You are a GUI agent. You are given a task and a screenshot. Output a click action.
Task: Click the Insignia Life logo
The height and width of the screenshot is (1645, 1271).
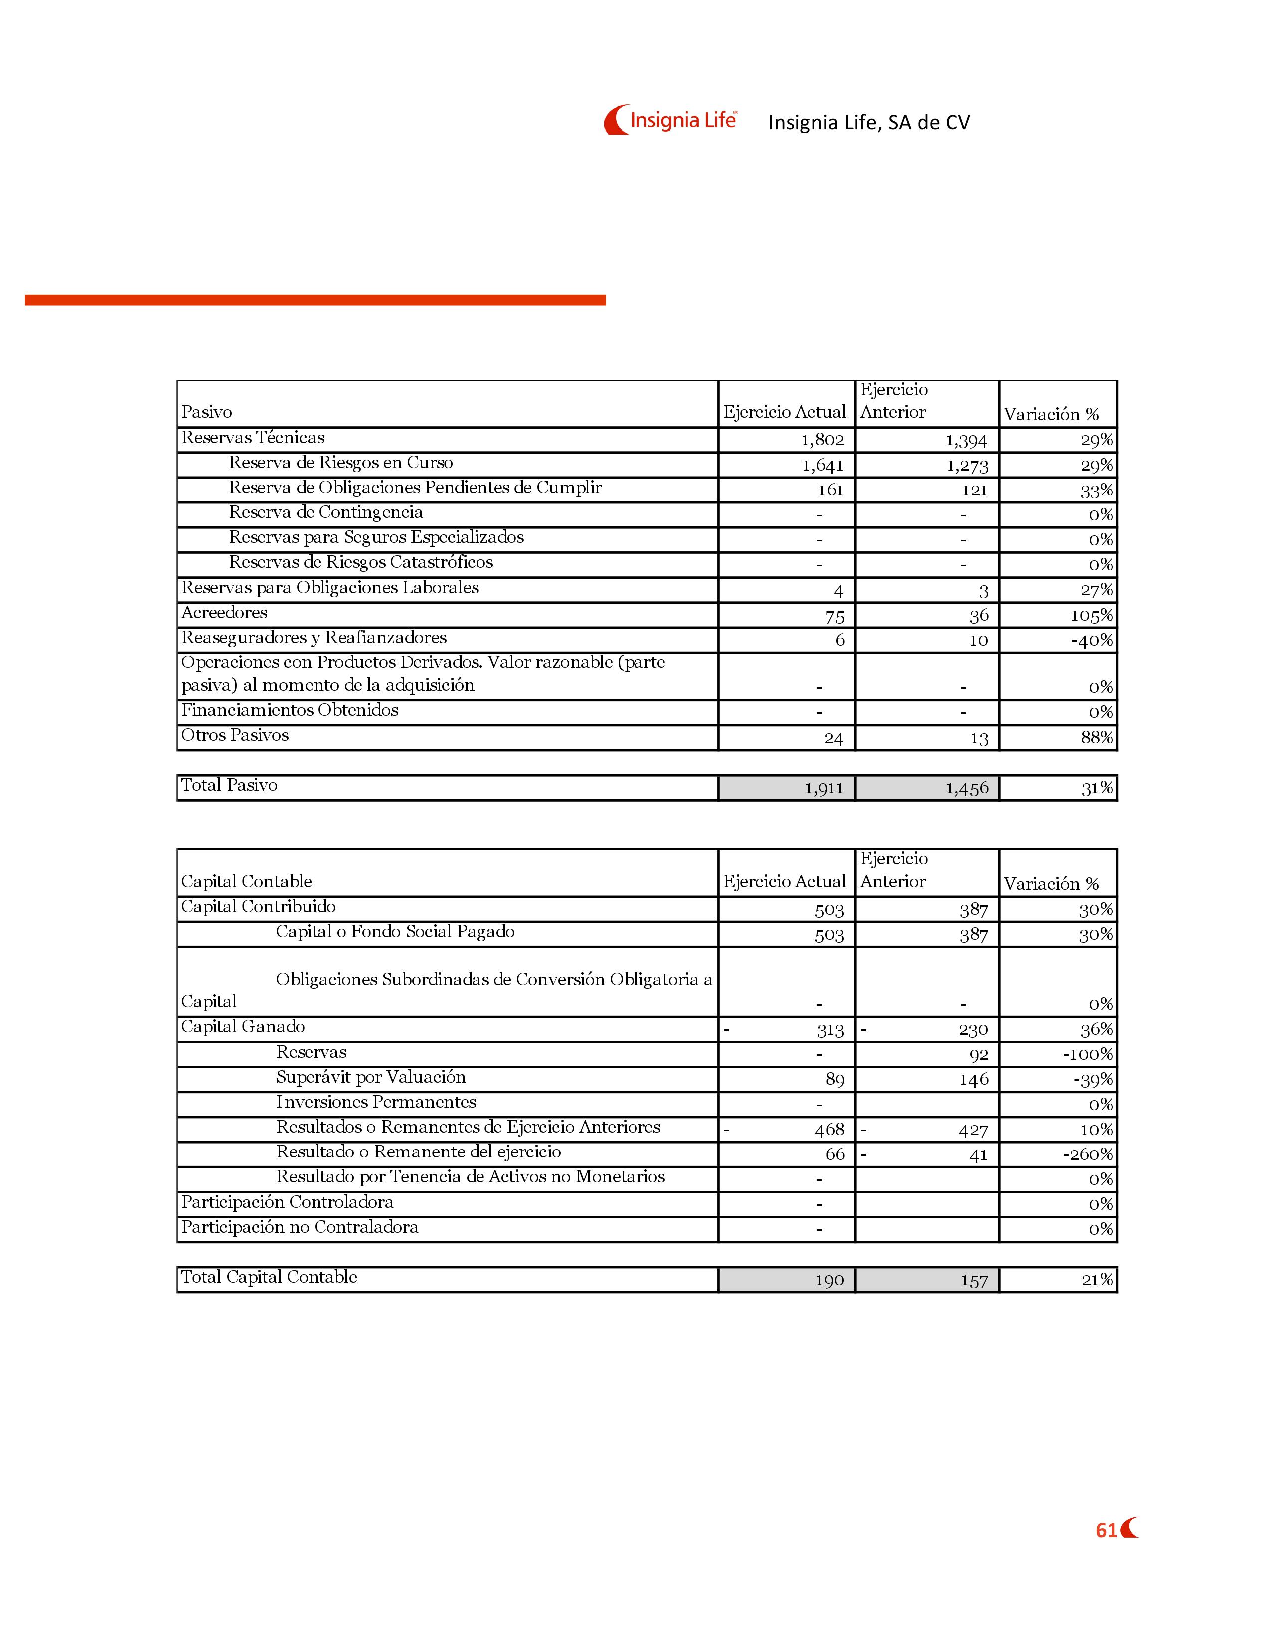tap(670, 120)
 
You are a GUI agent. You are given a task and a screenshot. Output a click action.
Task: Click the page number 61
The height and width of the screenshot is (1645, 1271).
tap(1106, 1530)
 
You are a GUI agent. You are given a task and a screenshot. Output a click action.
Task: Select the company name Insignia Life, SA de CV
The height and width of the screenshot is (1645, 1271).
tap(869, 122)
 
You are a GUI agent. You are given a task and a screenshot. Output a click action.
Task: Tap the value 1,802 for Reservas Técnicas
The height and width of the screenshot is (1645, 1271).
tap(822, 440)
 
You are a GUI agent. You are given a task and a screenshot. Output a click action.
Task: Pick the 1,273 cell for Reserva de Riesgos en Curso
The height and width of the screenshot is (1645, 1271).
tap(967, 466)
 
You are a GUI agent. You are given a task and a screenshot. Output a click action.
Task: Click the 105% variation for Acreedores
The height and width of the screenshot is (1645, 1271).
tap(1091, 615)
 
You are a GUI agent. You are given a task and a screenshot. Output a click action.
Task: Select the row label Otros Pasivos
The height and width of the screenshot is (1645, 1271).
tap(235, 735)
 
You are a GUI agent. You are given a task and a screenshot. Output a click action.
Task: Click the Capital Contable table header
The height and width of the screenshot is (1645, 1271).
tap(246, 881)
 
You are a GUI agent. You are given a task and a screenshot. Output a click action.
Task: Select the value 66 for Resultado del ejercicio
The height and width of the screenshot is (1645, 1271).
tap(835, 1154)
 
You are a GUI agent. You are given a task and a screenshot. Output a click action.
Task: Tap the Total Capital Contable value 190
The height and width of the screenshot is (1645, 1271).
tap(829, 1280)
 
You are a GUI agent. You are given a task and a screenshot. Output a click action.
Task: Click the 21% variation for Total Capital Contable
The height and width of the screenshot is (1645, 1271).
tap(1097, 1279)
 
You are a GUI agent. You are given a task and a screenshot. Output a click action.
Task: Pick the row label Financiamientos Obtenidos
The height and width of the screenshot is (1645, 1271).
tap(290, 710)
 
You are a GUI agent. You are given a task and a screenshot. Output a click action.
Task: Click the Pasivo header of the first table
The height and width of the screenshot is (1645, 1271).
tap(206, 412)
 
